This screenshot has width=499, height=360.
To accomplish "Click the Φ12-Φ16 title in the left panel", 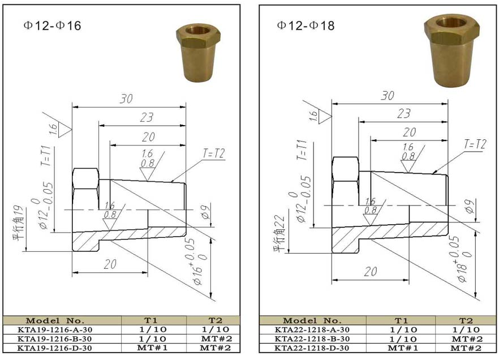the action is (x=52, y=26).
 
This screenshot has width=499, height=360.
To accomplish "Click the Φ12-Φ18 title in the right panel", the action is (x=306, y=25).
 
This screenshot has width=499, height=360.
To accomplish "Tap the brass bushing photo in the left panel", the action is (x=198, y=53).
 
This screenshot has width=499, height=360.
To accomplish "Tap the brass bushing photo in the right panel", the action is (x=451, y=51).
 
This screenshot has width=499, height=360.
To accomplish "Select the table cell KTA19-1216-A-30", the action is (x=54, y=330).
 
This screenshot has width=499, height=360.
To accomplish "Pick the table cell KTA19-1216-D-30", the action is (x=54, y=348).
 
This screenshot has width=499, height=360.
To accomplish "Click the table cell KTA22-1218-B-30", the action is (x=312, y=339).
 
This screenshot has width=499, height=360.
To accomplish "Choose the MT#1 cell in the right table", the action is (x=403, y=348).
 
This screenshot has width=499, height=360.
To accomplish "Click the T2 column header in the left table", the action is (x=216, y=320).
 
